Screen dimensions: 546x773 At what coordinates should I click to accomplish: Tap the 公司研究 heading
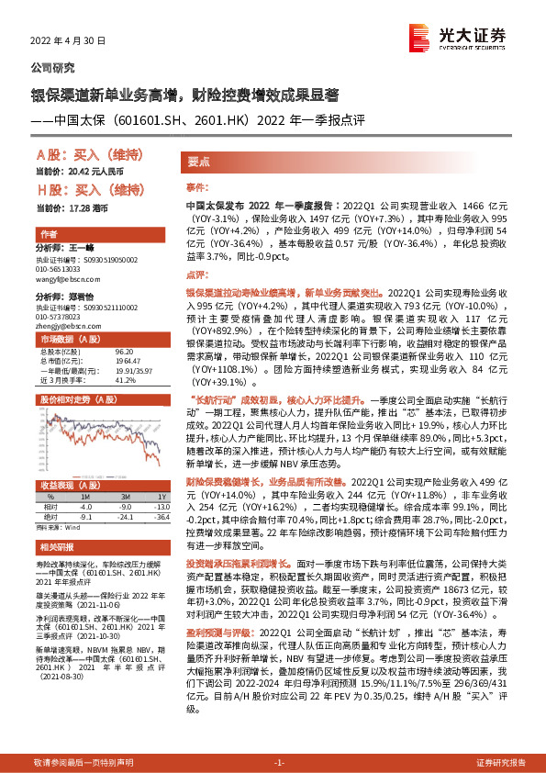coord(54,68)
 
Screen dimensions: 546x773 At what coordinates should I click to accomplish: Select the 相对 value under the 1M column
coord(85,505)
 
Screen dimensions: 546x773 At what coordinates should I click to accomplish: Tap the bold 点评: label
coord(197,274)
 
